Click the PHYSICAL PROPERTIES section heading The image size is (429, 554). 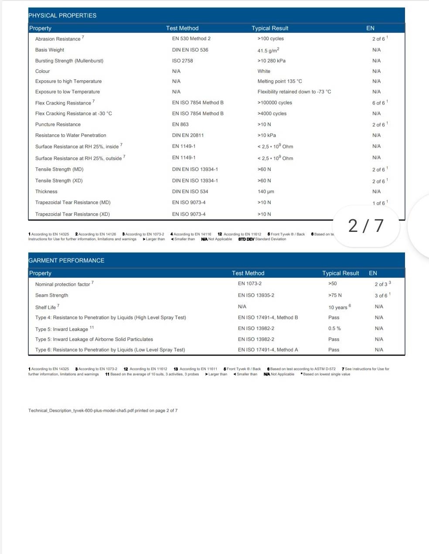62,16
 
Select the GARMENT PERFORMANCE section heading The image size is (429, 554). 66,261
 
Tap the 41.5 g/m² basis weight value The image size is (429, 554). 268,50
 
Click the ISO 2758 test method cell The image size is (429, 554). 182,61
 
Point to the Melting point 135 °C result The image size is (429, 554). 279,82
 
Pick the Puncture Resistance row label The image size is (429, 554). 58,125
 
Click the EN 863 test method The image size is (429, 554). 180,125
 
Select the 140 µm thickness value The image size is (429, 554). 266,192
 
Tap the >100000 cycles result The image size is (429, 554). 275,103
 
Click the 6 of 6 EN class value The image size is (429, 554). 378,103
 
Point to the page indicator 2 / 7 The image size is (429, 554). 366,226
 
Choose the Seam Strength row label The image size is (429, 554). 51,296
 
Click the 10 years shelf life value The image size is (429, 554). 338,307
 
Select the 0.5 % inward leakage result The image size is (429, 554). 334,329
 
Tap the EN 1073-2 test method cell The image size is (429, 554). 250,284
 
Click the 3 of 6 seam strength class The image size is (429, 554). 381,296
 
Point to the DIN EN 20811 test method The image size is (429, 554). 188,136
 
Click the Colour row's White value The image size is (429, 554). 264,71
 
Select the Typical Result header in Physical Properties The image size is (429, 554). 270,28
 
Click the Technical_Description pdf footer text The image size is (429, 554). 103,411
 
